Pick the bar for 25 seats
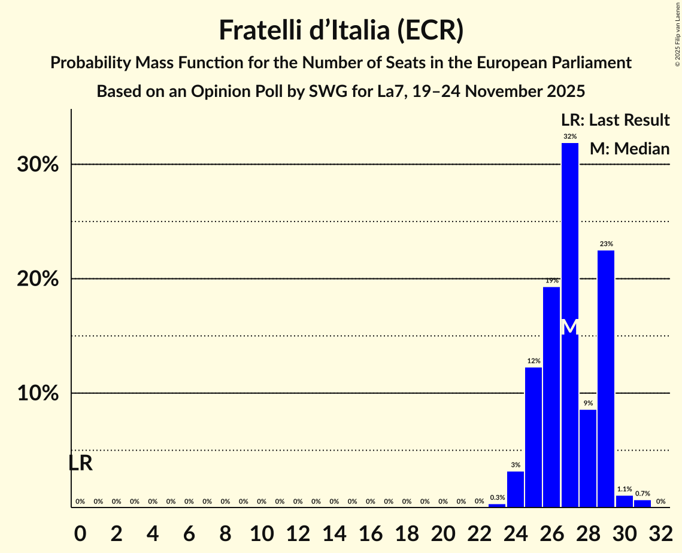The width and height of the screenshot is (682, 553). pyautogui.click(x=534, y=437)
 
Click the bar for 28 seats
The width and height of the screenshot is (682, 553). pyautogui.click(x=588, y=458)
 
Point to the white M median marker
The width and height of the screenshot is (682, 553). pyautogui.click(x=570, y=327)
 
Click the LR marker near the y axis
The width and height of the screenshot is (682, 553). pyautogui.click(x=80, y=463)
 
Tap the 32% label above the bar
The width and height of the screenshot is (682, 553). pyautogui.click(x=570, y=136)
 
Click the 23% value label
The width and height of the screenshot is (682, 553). pyautogui.click(x=606, y=244)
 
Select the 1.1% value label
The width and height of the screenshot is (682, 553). pyautogui.click(x=624, y=489)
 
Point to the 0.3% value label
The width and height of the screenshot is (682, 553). pyautogui.click(x=497, y=497)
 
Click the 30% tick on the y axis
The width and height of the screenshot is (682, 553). pyautogui.click(x=38, y=165)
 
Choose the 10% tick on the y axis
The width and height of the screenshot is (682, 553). pyautogui.click(x=38, y=393)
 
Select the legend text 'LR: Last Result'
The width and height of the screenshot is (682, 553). pyautogui.click(x=615, y=120)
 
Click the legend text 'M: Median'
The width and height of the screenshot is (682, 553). pyautogui.click(x=629, y=148)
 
